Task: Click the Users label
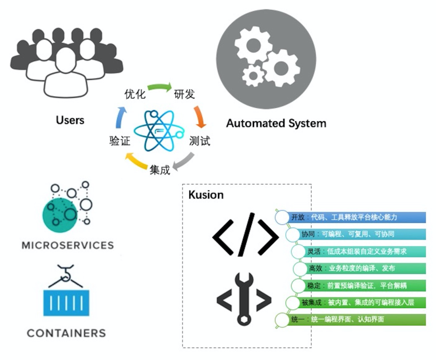(70, 120)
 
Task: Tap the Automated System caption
(276, 123)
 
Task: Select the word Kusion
(206, 195)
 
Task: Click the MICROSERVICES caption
(68, 245)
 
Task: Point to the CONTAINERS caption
(67, 333)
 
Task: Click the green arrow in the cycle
(159, 87)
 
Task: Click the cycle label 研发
(184, 94)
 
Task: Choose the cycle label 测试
(200, 141)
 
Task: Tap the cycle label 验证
(120, 141)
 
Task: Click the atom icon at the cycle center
(159, 131)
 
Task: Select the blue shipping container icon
(66, 303)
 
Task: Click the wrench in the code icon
(244, 299)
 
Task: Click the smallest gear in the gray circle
(253, 75)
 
